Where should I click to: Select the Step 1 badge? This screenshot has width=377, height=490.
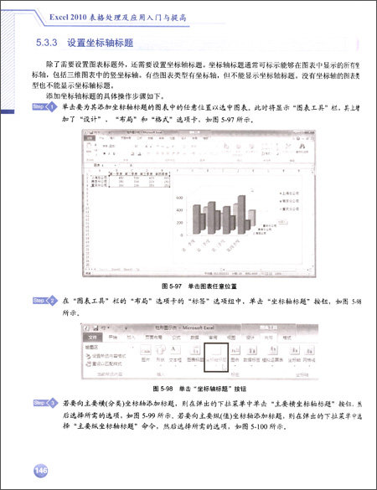[42, 108]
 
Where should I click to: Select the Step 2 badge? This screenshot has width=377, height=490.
[42, 299]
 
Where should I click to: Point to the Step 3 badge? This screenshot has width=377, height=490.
[42, 403]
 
